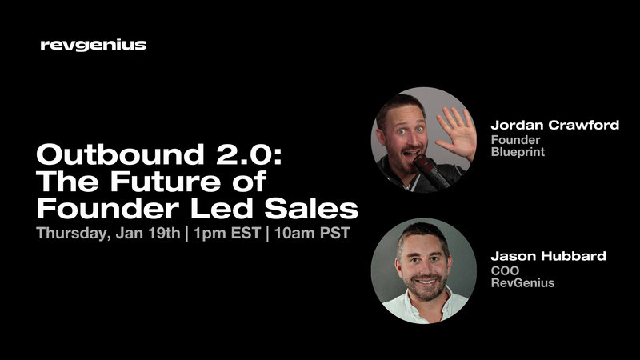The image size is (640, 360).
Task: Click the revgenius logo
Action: pos(93,46)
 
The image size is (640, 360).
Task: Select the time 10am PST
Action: pos(308,235)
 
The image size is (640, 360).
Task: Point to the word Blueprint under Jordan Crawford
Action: pos(518,151)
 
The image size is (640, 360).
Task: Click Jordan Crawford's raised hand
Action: pos(455,132)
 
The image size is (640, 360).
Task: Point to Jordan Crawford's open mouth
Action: pos(406,151)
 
